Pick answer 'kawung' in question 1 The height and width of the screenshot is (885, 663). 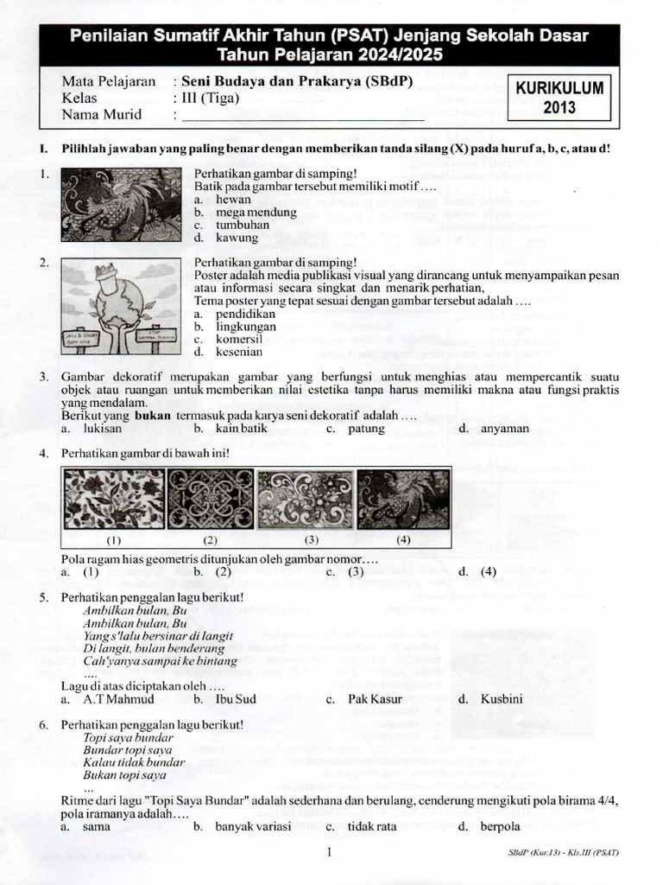point(236,238)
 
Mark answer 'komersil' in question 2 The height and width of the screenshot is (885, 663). point(240,340)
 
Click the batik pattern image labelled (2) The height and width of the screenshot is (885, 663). point(209,499)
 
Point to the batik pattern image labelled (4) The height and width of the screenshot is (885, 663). point(403,499)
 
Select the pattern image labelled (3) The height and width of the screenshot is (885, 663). point(306,499)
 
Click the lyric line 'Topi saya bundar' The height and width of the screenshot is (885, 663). point(128,738)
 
